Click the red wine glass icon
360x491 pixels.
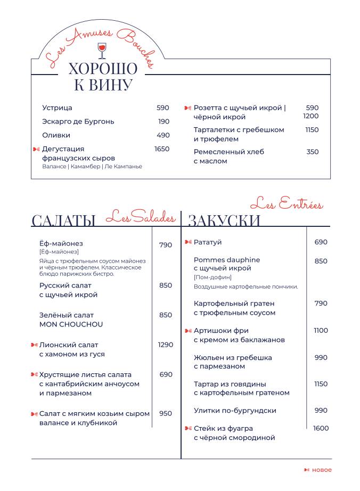[x=101, y=51]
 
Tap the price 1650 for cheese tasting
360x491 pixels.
[x=162, y=149]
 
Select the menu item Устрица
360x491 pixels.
[x=57, y=108]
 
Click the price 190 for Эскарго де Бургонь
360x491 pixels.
[x=164, y=121]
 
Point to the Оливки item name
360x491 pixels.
[x=56, y=135]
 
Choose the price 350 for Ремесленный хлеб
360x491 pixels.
[x=313, y=152]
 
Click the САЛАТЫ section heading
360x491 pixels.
[x=64, y=220]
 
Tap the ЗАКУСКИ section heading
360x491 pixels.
[x=224, y=220]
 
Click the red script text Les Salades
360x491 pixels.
[x=141, y=216]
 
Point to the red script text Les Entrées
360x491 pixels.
[x=287, y=203]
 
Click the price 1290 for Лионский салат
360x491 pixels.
[x=166, y=345]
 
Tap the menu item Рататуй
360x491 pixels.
[x=208, y=242]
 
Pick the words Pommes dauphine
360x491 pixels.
[x=227, y=260]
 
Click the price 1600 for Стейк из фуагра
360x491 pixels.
[x=321, y=428]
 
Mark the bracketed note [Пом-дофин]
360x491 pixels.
[x=212, y=277]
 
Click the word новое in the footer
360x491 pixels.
[x=322, y=470]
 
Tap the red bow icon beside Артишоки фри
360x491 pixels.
[x=188, y=331]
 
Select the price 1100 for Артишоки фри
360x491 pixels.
[x=321, y=331]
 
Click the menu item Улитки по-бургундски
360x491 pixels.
[x=235, y=411]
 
